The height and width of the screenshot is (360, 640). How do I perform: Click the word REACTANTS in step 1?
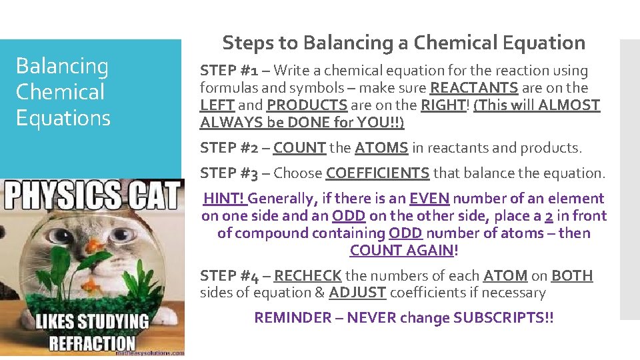[x=474, y=87]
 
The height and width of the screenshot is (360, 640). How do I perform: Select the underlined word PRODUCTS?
[x=307, y=105]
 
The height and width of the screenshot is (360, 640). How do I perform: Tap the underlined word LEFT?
[x=216, y=105]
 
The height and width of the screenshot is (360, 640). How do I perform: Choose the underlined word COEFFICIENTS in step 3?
[x=377, y=173]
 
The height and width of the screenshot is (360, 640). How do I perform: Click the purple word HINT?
[x=225, y=198]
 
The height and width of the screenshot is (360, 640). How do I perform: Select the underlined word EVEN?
[x=429, y=198]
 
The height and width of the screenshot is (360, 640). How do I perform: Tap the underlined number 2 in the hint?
[x=549, y=215]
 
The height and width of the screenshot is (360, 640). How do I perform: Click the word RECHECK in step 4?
[x=307, y=275]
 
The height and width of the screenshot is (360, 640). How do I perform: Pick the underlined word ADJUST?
[x=357, y=293]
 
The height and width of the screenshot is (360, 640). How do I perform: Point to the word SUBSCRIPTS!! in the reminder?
[x=503, y=318]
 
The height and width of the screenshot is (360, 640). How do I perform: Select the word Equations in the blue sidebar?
[x=63, y=118]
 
